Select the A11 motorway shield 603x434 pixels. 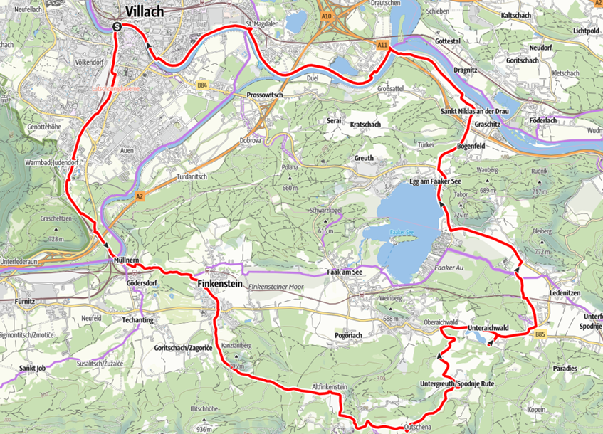[382, 45]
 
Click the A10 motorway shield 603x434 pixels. [326, 16]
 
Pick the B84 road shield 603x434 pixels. [202, 85]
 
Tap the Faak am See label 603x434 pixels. [345, 272]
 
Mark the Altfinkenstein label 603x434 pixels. [330, 387]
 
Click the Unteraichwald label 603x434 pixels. [488, 327]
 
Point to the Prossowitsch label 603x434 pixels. [265, 95]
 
